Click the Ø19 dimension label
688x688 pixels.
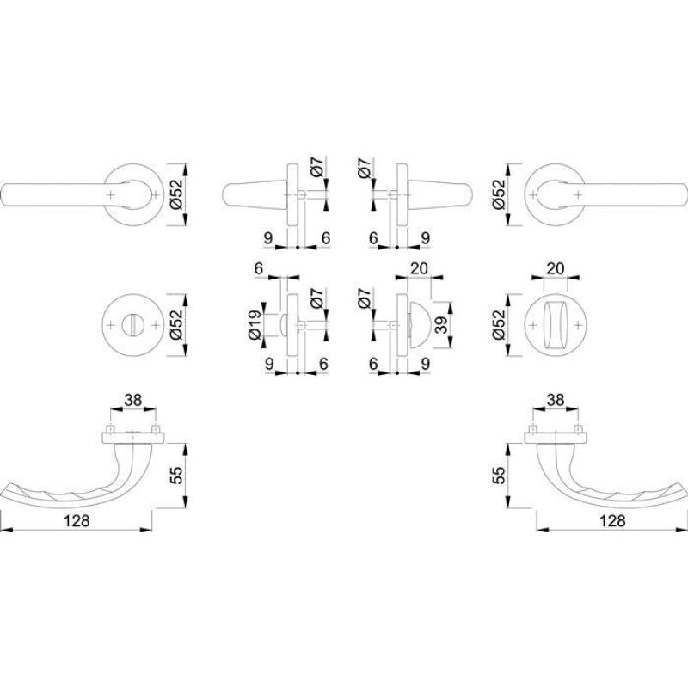(255, 325)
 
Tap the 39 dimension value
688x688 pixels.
(442, 325)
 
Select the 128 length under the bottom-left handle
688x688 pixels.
(77, 521)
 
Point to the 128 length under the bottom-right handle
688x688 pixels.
(612, 521)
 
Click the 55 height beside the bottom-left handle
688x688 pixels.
(176, 476)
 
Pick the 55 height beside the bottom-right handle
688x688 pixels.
(499, 476)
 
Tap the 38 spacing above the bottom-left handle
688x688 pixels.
(133, 400)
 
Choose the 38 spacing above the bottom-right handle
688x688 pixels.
(556, 400)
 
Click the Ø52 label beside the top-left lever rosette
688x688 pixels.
(176, 195)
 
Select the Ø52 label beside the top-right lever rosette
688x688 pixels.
(499, 195)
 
